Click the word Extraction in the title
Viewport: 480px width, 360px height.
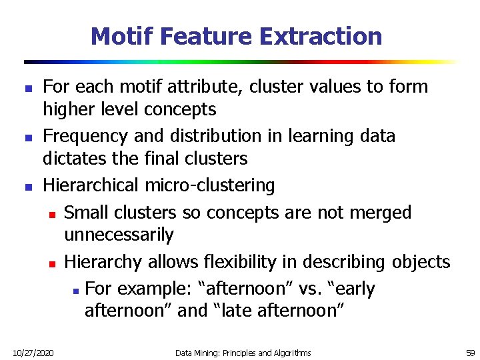click(x=321, y=36)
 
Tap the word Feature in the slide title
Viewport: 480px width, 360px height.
click(x=211, y=36)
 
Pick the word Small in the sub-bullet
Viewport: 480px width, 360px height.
click(x=85, y=213)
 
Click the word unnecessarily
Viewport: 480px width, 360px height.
click(x=119, y=235)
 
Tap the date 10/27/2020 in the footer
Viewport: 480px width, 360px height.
click(x=34, y=352)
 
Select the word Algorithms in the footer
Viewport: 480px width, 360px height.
click(x=288, y=352)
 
